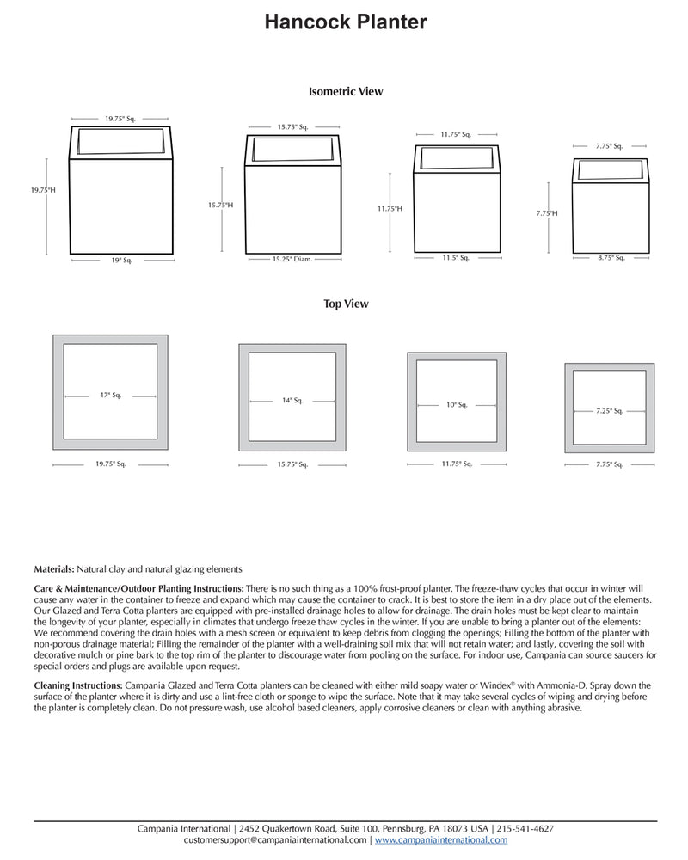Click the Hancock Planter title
point(345,22)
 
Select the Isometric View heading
point(345,91)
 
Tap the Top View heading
point(346,304)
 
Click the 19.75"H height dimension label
point(42,189)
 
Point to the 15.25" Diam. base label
point(292,259)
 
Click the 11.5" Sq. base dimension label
point(455,257)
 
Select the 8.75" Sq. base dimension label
point(611,258)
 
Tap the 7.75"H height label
point(547,212)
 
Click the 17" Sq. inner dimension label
point(110,396)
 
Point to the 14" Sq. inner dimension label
point(292,400)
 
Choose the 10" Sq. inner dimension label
point(457,404)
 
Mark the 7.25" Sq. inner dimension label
point(609,411)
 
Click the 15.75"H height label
point(220,205)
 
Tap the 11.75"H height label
point(389,208)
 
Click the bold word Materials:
point(54,569)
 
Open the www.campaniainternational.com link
point(441,839)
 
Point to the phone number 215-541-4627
point(525,828)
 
